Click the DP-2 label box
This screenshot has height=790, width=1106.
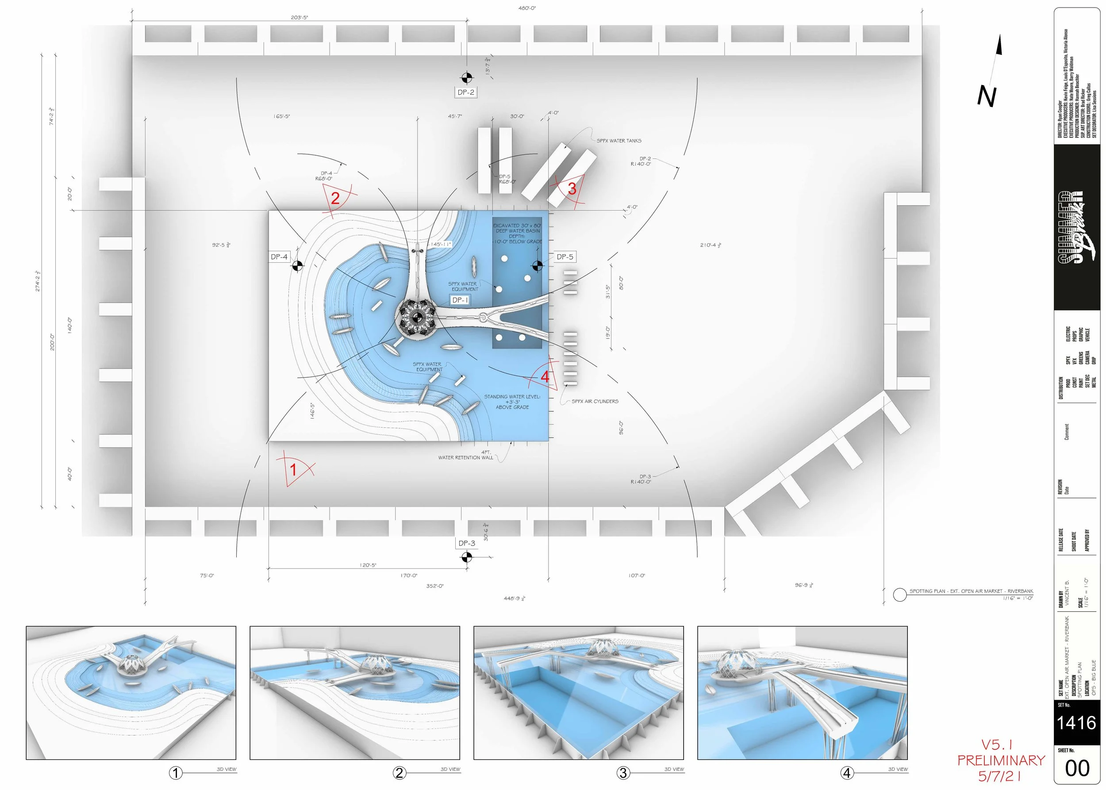[466, 92]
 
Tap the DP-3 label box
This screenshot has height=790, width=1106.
[467, 543]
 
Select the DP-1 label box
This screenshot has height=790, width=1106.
[460, 300]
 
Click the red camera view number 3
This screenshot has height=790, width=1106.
[572, 189]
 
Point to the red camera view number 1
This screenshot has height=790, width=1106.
[293, 469]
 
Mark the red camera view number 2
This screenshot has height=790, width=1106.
[335, 198]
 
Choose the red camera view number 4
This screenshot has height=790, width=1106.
[545, 376]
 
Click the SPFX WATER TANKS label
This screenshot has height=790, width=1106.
[619, 141]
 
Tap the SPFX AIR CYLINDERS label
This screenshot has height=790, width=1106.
[595, 401]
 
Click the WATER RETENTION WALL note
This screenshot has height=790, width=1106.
[466, 457]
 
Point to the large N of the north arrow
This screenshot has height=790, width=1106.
[986, 96]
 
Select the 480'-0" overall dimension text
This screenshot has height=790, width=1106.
[527, 8]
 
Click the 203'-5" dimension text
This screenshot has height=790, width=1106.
[299, 18]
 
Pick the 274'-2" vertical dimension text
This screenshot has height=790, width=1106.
[38, 281]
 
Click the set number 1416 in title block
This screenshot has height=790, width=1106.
[1076, 722]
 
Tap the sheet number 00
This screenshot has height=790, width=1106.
[1077, 768]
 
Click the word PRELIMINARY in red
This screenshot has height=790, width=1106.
[1001, 760]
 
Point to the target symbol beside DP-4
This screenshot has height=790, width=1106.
[297, 265]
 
